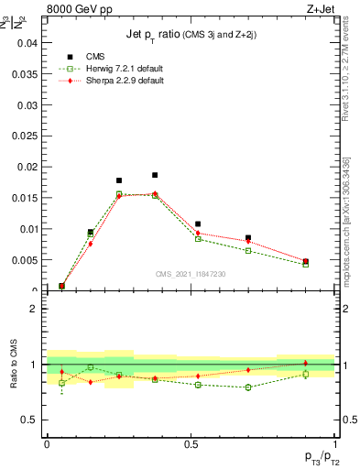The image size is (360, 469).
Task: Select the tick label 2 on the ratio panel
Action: point(34,309)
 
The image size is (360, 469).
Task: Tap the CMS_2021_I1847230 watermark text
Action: point(191,274)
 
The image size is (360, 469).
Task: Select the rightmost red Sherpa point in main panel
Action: point(306,261)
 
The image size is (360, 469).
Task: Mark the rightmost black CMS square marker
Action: point(306,262)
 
